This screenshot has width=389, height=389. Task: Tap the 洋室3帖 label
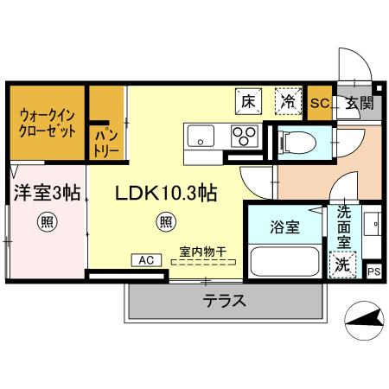pyautogui.click(x=46, y=193)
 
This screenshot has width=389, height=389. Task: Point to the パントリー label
pyautogui.click(x=106, y=143)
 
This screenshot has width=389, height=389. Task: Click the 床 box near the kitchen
pyautogui.click(x=249, y=102)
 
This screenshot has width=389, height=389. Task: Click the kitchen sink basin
pyautogui.click(x=201, y=136)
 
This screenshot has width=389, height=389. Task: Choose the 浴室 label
pyautogui.click(x=284, y=227)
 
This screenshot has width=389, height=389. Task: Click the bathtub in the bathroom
pyautogui.click(x=284, y=261)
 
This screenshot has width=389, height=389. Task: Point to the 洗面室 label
pyautogui.click(x=343, y=226)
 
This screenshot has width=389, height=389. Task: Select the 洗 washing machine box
pyautogui.click(x=343, y=265)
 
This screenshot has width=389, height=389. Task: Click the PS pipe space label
pyautogui.click(x=373, y=271)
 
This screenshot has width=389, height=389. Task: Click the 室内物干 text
pyautogui.click(x=203, y=252)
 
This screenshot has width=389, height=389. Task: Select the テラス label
pyautogui.click(x=225, y=301)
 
